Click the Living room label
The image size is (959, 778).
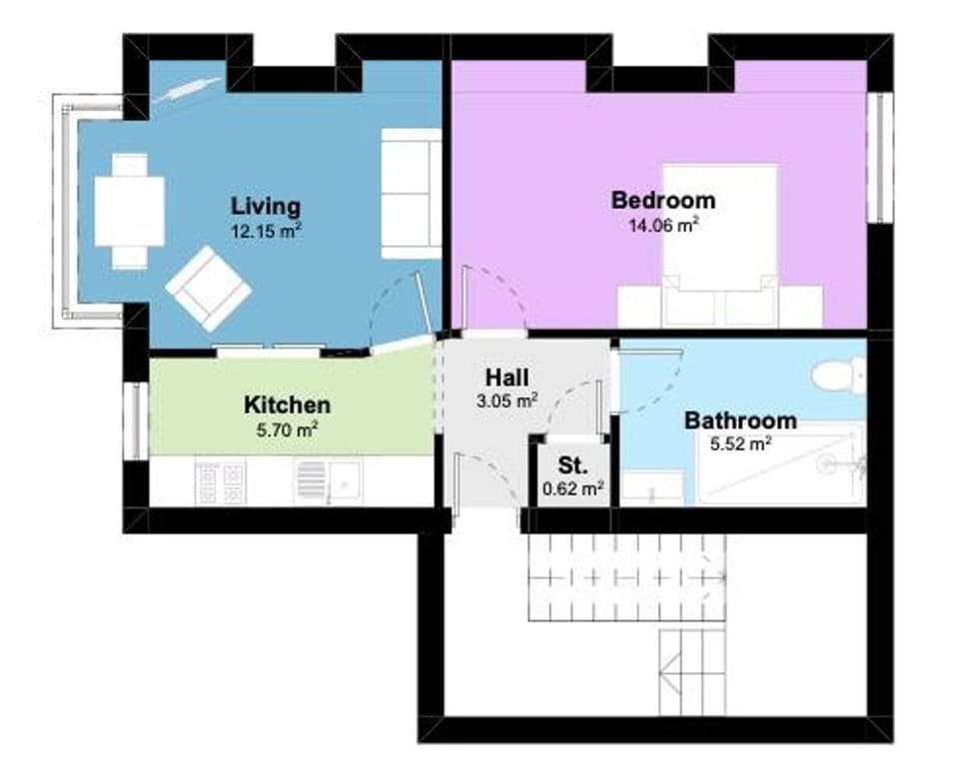[x=266, y=207]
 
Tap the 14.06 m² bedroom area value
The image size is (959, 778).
[x=662, y=226]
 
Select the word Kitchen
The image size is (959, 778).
[x=287, y=405]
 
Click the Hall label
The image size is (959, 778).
[x=506, y=379]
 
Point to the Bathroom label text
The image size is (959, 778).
[x=740, y=420]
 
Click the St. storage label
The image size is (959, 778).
[x=572, y=466]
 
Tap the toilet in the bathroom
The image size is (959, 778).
[x=836, y=375]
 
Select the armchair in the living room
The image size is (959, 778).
[x=209, y=289]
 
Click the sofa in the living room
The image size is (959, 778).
[x=411, y=193]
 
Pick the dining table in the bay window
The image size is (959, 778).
[x=130, y=211]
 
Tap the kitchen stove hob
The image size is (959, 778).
[x=220, y=482]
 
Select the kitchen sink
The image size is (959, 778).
[x=328, y=483]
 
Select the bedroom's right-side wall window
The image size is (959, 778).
[x=880, y=157]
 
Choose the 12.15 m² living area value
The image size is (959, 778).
[x=266, y=230]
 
